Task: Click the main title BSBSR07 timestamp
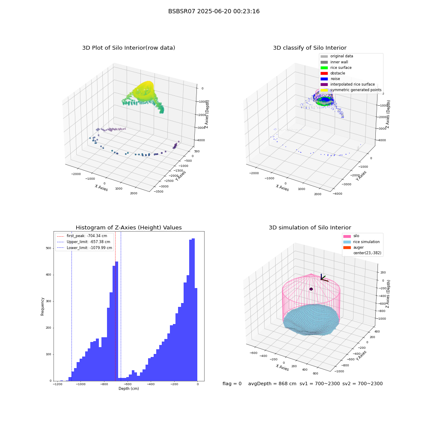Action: pos(214,12)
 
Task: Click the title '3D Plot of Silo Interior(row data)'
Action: pos(128,48)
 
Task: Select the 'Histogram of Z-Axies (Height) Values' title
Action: pos(128,228)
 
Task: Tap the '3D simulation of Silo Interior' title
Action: pos(310,228)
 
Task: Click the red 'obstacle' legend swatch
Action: pos(324,73)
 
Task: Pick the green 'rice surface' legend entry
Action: pos(336,68)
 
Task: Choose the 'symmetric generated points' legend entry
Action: pos(351,90)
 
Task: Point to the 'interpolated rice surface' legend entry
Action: pos(348,84)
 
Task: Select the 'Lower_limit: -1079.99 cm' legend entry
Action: pos(84,248)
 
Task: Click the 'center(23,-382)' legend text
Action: pos(367,253)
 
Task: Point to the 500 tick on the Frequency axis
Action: pos(49,248)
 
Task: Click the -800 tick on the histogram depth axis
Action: pos(104,384)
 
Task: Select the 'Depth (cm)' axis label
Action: pos(128,389)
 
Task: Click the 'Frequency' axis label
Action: pos(42,306)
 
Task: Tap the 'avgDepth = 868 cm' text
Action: pos(272,383)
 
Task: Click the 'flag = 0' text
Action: pos(232,383)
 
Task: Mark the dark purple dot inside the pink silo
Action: pos(311,289)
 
